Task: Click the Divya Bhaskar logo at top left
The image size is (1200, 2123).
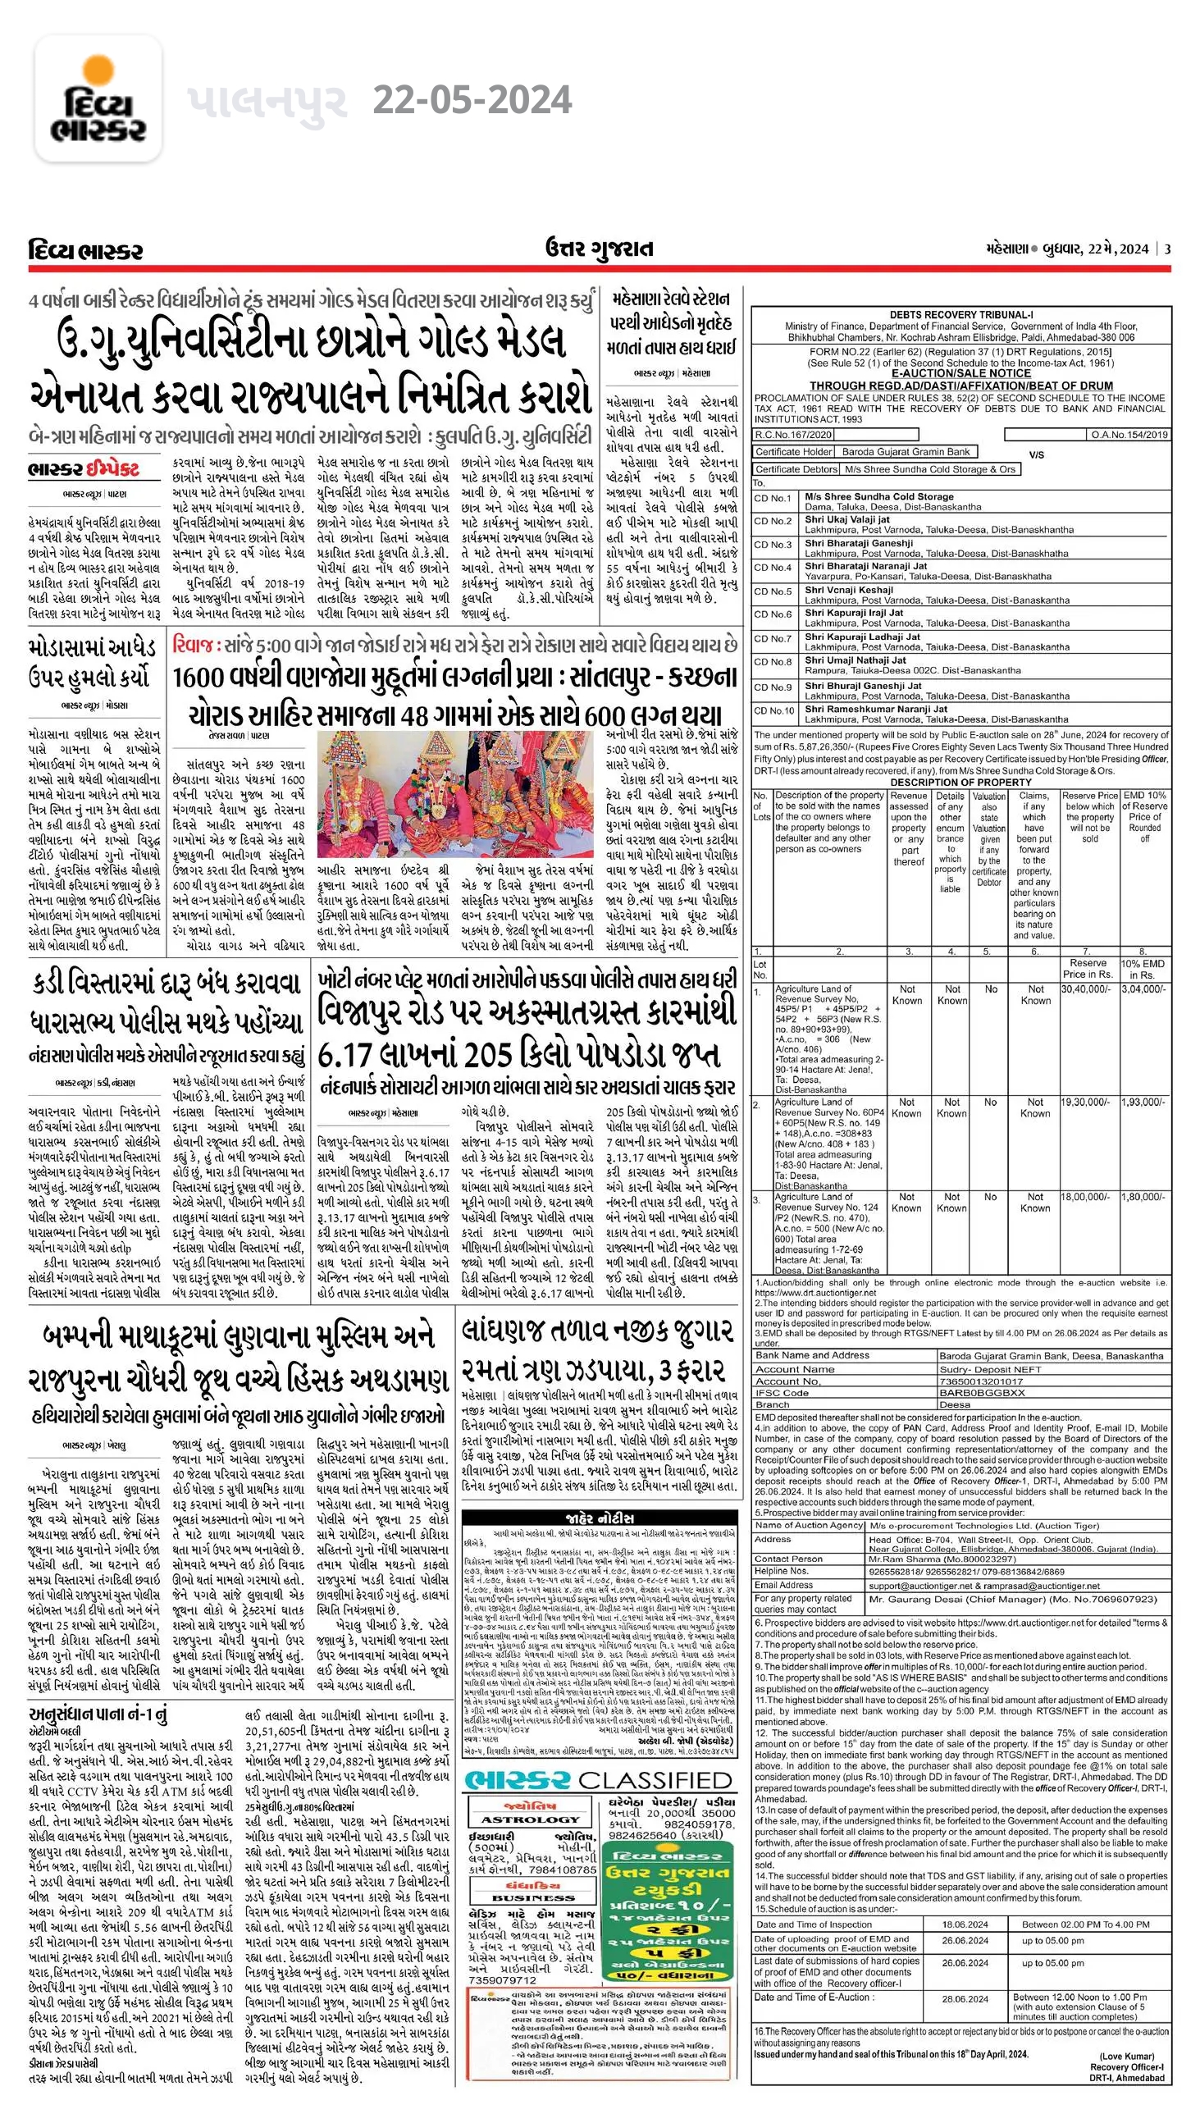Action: pos(98,99)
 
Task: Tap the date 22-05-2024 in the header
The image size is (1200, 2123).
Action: pos(472,101)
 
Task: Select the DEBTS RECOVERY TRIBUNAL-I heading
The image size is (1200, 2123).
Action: pos(960,315)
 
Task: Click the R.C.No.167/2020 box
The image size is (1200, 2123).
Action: pos(794,434)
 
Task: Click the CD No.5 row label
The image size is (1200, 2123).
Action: pos(773,591)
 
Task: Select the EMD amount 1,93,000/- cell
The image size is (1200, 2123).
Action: pos(1143,1102)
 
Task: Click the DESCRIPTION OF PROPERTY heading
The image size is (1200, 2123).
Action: pos(960,782)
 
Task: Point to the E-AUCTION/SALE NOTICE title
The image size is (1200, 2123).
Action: pos(960,373)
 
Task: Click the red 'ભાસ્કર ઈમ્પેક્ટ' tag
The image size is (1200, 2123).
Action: pos(82,470)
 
